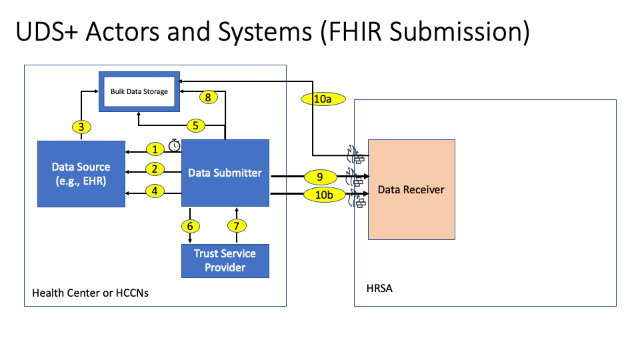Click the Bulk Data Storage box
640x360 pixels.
click(x=139, y=91)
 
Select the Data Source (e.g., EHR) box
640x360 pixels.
click(x=81, y=173)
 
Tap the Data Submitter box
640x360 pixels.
click(x=225, y=173)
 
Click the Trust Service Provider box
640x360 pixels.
click(x=225, y=260)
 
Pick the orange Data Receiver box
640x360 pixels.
click(x=411, y=189)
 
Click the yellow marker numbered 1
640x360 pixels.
click(x=155, y=149)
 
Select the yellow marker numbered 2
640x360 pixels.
click(x=155, y=169)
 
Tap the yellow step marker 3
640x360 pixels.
click(x=81, y=126)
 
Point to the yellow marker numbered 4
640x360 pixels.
click(x=155, y=191)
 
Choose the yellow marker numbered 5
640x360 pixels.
click(x=195, y=125)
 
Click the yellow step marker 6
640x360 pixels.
click(x=191, y=226)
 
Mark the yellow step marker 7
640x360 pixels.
click(x=235, y=226)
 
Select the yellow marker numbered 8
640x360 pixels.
click(x=209, y=97)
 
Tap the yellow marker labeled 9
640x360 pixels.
click(x=320, y=177)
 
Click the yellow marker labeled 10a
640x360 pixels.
click(x=323, y=99)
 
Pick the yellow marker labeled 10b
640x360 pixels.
click(x=323, y=195)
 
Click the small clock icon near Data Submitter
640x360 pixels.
click(x=174, y=145)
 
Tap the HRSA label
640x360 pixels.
click(x=378, y=289)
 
